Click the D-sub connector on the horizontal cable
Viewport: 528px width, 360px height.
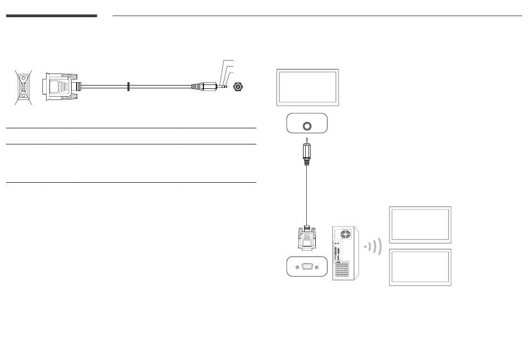click(59, 88)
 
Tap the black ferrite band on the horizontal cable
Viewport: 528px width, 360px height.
click(128, 87)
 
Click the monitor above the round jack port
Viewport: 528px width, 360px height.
click(307, 87)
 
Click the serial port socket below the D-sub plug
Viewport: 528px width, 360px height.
click(307, 266)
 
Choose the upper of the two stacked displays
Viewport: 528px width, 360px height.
click(420, 225)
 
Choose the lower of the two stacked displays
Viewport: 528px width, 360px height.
click(420, 267)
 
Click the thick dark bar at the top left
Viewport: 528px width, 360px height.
click(52, 16)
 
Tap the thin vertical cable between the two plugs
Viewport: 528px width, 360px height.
click(307, 194)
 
